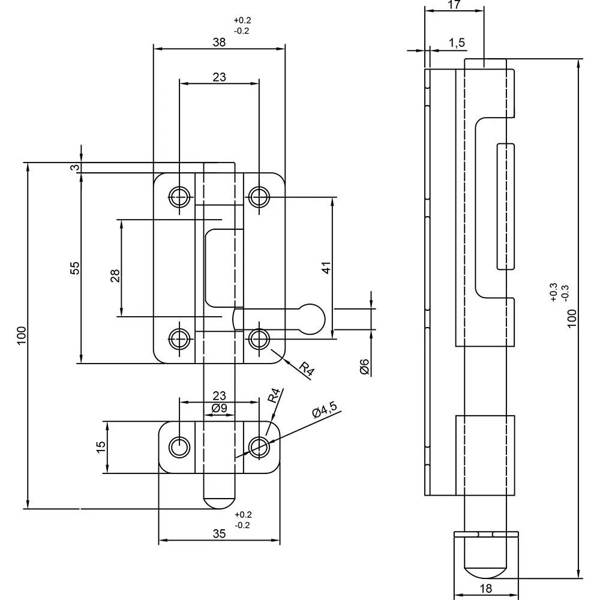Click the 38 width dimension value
219,43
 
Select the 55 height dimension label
74,268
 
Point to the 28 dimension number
115,275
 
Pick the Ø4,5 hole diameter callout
325,412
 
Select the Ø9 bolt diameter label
219,408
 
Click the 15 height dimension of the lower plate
100,446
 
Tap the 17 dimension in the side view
454,5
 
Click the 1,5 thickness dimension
457,43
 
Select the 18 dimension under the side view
486,589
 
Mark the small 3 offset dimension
74,167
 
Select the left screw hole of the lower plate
179,447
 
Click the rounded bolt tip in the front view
219,501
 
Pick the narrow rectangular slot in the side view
505,206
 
